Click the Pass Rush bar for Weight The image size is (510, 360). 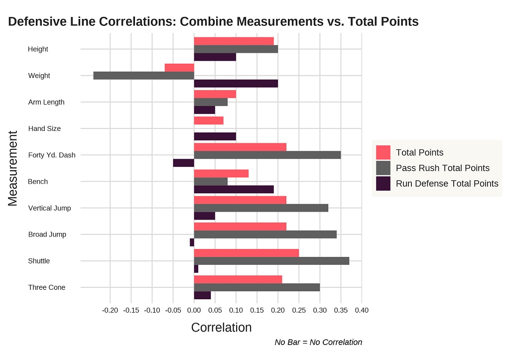143,76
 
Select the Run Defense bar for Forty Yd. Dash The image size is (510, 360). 184,163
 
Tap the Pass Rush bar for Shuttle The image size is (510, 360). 271,261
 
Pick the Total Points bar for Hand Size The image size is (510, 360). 209,120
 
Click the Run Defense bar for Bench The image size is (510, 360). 234,189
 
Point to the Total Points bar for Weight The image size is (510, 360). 179,68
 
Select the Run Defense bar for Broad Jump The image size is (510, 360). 192,242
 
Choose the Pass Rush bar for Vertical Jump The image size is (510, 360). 261,208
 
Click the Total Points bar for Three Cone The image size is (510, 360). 238,279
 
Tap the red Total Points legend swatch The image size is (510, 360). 383,152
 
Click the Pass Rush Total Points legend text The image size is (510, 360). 442,168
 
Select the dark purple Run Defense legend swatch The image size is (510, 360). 383,183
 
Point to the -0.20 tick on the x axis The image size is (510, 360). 110,310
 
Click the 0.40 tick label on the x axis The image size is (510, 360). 362,310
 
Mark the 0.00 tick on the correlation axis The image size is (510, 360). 194,310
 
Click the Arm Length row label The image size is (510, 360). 46,102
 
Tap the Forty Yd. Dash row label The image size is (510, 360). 52,155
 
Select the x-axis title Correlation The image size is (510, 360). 221,328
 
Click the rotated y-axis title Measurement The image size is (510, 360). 13,168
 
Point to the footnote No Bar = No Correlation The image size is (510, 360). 318,342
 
